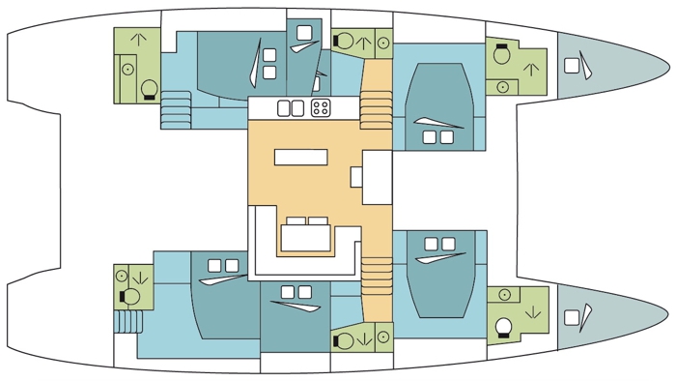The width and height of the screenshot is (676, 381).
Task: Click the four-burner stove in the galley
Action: tap(321, 107)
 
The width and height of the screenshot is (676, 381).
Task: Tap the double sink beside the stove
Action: tap(291, 107)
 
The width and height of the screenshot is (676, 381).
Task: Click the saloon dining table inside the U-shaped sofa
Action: tap(305, 235)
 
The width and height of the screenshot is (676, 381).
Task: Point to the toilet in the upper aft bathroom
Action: tap(149, 90)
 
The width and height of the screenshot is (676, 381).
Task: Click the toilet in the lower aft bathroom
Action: tap(124, 277)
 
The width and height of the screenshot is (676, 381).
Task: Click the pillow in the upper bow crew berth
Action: tap(573, 66)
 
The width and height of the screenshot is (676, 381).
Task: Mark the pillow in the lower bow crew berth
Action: tap(573, 315)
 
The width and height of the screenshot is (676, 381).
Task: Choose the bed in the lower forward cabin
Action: tap(439, 280)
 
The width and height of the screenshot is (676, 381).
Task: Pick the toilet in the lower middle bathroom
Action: tap(343, 339)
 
